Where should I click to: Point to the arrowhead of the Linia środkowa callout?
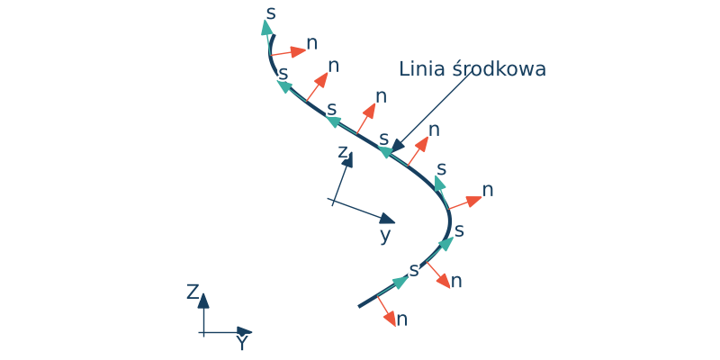[398, 146]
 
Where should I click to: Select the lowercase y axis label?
[385, 235]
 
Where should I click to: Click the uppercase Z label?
[193, 292]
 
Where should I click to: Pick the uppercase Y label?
[241, 343]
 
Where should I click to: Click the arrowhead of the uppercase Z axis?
[203, 300]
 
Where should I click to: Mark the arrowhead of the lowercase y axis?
[387, 219]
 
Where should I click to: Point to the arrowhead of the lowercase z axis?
[347, 160]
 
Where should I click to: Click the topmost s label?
[272, 13]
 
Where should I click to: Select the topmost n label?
[312, 42]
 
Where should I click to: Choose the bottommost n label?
[402, 319]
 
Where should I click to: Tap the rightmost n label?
[488, 190]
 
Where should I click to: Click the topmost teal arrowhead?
[267, 27]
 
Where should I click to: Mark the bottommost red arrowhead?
[391, 320]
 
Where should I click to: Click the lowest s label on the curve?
[414, 269]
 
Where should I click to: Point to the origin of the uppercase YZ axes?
[203, 333]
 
